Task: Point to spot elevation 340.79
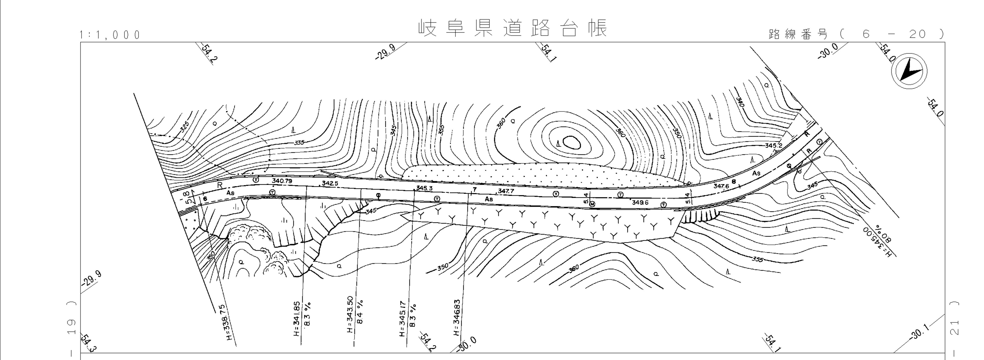pyautogui.click(x=282, y=180)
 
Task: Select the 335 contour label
pyautogui.click(x=299, y=142)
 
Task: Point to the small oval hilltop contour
pyautogui.click(x=572, y=143)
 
